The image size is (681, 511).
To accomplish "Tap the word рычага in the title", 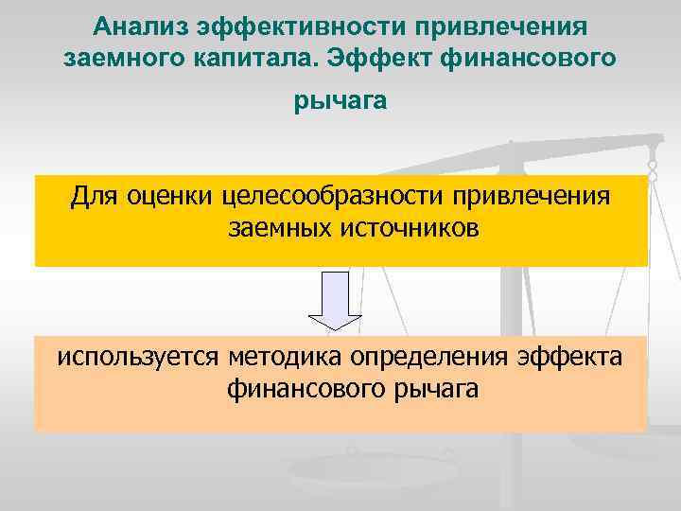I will [x=340, y=101].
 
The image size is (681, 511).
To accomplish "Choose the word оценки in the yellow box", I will [x=169, y=197].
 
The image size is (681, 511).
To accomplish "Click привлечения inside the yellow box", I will [x=536, y=197].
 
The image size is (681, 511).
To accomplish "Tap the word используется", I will [x=138, y=358].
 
